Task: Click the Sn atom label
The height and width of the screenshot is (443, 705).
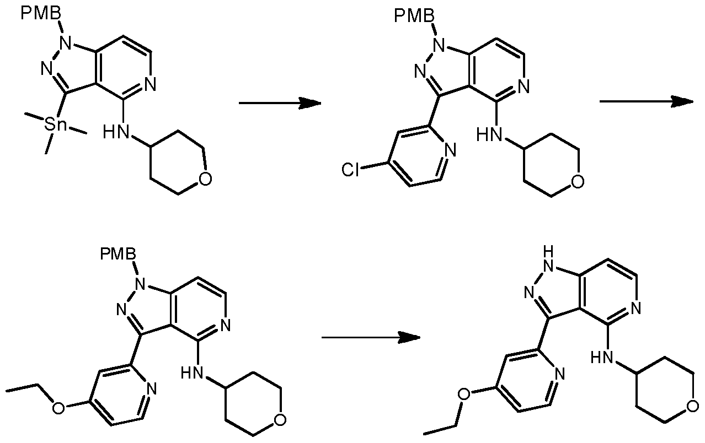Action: coord(56,125)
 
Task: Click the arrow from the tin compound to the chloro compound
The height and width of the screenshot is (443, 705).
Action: coord(280,103)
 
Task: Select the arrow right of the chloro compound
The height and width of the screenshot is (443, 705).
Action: coord(646,101)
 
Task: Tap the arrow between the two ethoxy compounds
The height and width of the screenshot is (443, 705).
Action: coord(371,337)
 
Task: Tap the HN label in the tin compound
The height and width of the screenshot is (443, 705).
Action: coord(113,133)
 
